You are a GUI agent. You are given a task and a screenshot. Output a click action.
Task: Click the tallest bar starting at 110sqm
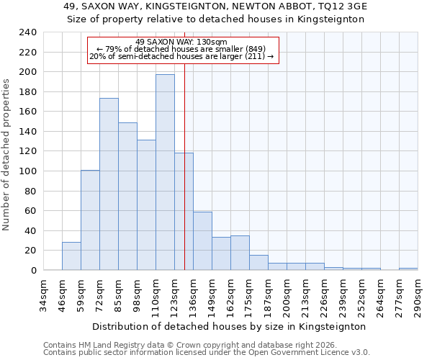point(165,173)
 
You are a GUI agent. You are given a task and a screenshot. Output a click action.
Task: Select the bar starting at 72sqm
point(109,184)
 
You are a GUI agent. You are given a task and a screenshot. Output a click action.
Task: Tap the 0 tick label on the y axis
point(33,271)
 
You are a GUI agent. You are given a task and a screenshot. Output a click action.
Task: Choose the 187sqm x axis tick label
point(268,294)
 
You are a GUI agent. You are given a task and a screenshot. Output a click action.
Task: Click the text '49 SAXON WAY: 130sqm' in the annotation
point(181,42)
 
